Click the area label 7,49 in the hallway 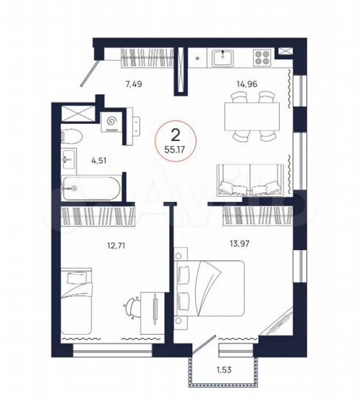tap(133, 84)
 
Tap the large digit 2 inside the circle tap(175, 135)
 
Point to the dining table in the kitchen tap(251, 114)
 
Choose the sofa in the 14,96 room tap(251, 182)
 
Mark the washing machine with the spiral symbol tap(114, 119)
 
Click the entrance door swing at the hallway tap(91, 71)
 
